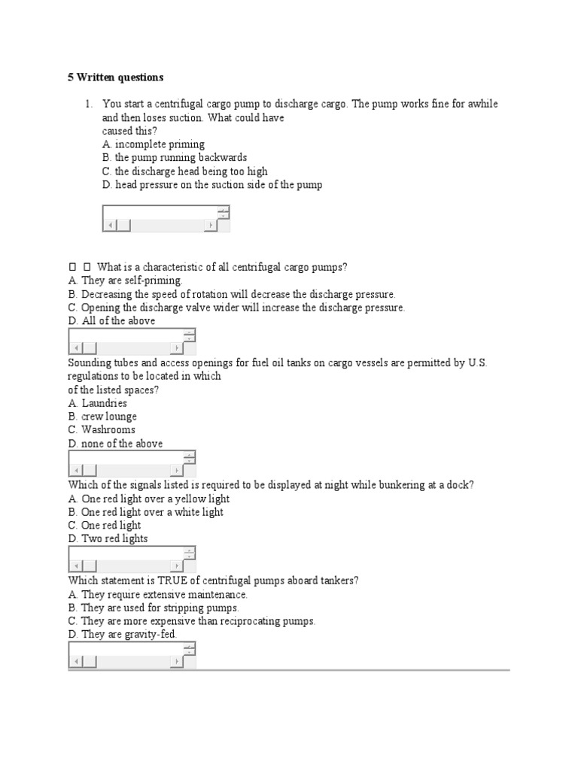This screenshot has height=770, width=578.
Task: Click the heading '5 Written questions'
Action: click(x=115, y=77)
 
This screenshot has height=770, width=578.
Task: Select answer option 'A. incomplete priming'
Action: click(x=154, y=144)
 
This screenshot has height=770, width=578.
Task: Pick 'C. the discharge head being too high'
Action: click(x=184, y=171)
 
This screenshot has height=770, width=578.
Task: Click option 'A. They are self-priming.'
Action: click(x=125, y=280)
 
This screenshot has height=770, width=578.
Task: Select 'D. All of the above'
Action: click(x=111, y=321)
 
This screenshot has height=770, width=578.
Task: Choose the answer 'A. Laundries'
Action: click(x=97, y=403)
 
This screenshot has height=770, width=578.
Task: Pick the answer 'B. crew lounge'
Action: click(x=102, y=417)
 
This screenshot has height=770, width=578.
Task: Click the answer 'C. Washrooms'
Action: click(x=102, y=430)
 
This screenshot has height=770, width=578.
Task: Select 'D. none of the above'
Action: click(x=115, y=444)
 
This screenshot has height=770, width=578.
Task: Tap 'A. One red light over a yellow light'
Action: click(x=148, y=499)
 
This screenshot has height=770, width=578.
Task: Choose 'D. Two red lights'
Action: click(x=108, y=539)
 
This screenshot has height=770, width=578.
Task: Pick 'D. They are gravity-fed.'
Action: click(x=123, y=635)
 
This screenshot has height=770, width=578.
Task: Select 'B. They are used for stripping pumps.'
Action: click(x=154, y=608)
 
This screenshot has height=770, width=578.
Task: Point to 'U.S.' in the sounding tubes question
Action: click(x=478, y=362)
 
